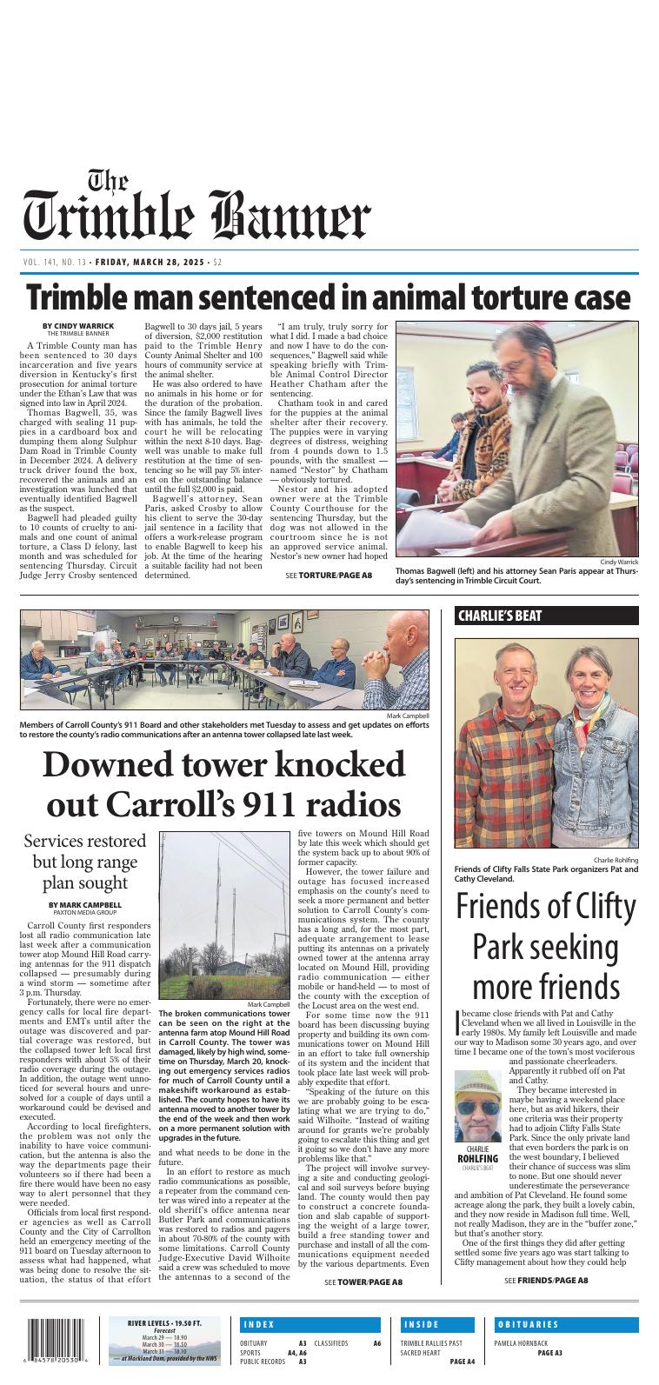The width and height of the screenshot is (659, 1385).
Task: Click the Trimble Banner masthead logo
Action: [196, 208]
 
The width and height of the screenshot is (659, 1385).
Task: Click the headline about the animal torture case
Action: [329, 298]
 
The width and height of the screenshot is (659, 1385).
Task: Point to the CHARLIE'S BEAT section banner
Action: [546, 616]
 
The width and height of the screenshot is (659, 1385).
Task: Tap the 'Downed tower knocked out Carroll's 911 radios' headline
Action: [223, 783]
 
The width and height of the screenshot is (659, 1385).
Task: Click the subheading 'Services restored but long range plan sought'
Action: [85, 862]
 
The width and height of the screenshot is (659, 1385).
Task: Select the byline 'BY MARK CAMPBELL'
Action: [85, 904]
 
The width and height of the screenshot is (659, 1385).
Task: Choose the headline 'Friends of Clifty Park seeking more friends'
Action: [546, 947]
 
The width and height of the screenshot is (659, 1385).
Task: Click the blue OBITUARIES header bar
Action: [565, 1325]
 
